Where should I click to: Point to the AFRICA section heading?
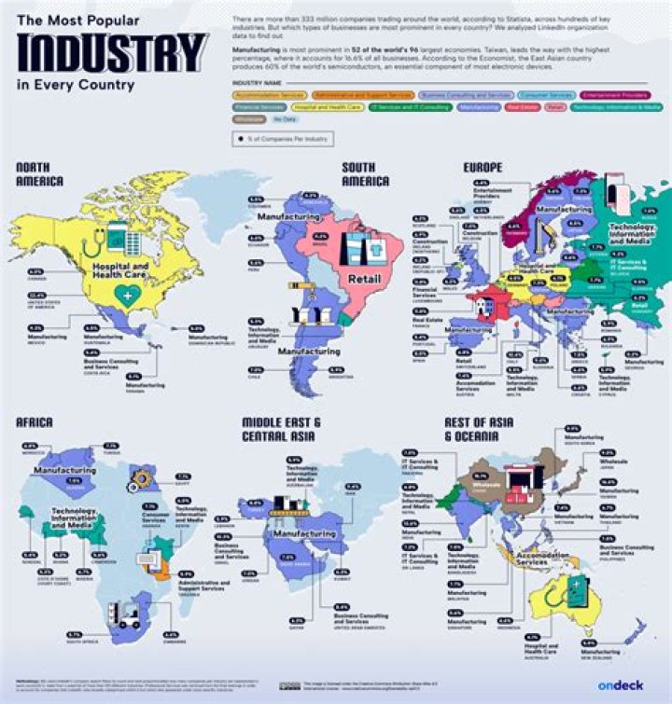35,422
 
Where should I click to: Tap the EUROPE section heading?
468,168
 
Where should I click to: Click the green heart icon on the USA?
121,295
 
